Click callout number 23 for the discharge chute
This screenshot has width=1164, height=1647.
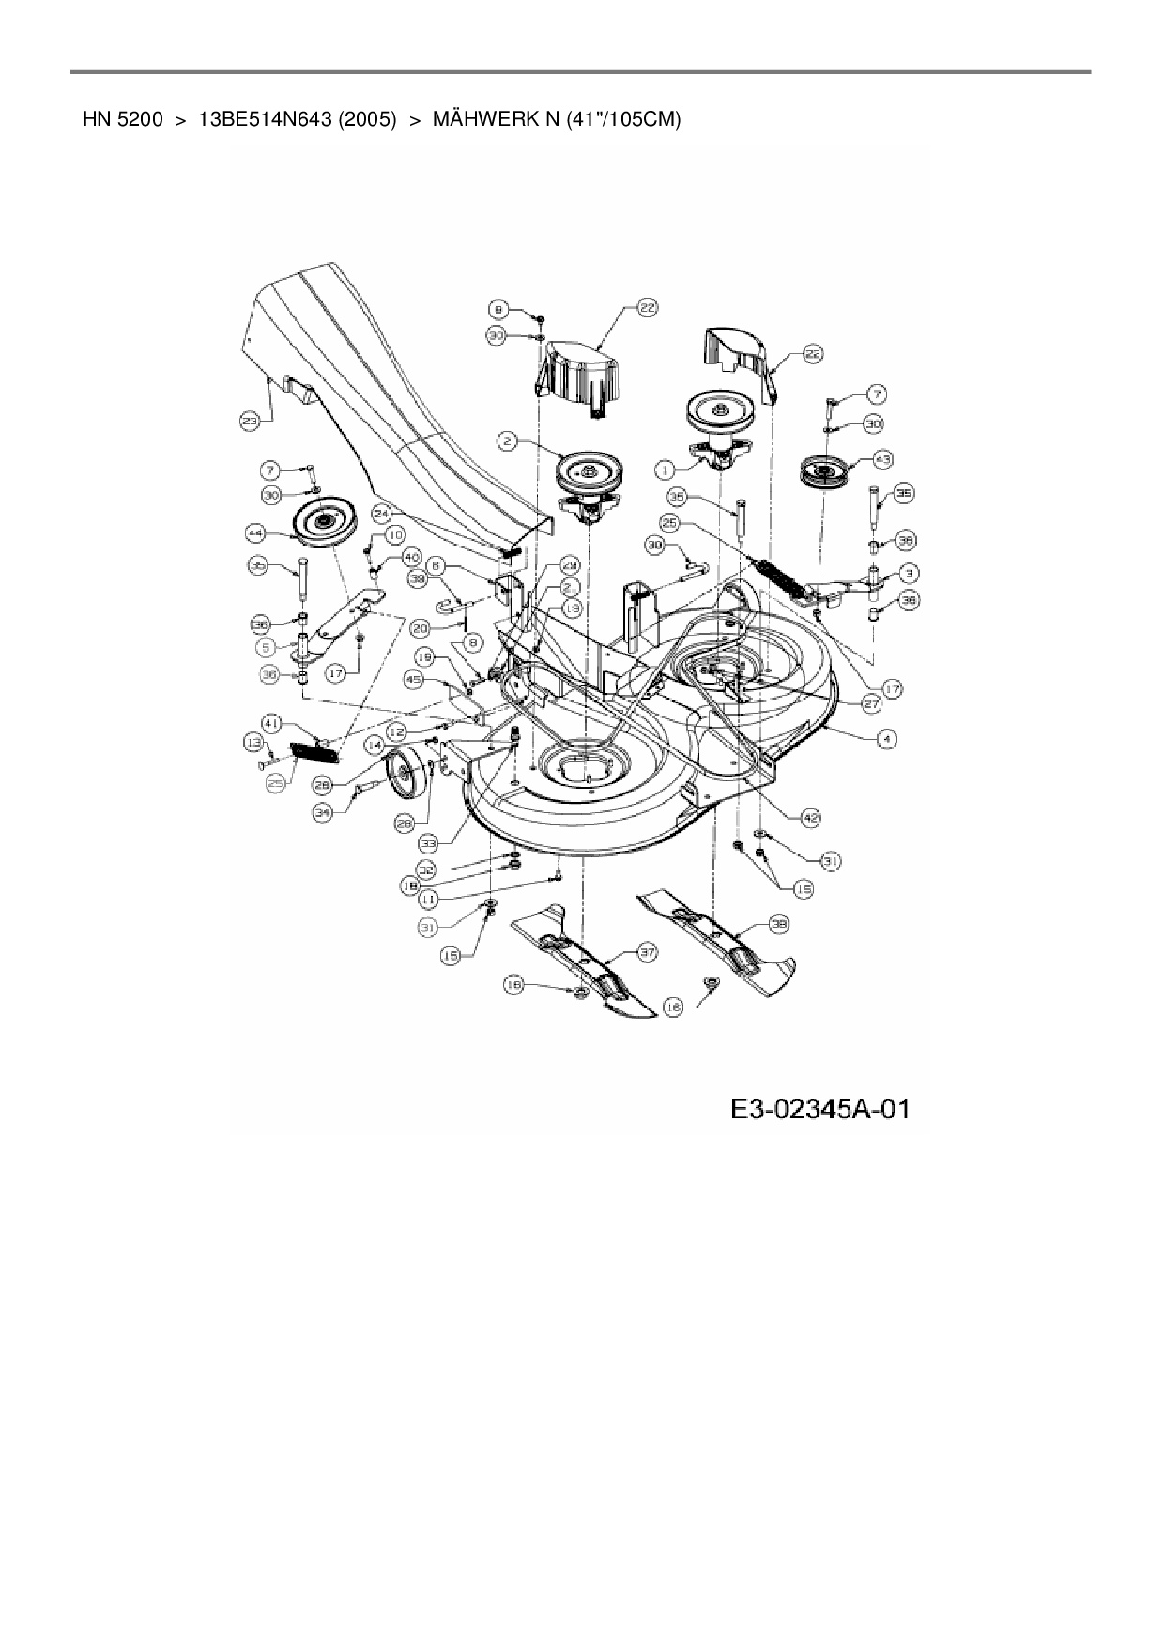tap(249, 423)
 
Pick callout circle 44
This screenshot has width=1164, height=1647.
tap(255, 533)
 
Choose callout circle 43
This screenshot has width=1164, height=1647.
tap(882, 459)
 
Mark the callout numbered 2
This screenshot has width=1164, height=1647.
tap(507, 439)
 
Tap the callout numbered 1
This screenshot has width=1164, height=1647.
tap(666, 467)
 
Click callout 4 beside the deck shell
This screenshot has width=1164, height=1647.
tap(885, 739)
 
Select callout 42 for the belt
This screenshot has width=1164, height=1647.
tap(810, 818)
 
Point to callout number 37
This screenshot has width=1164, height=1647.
tap(647, 953)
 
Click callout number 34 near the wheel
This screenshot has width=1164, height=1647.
tap(323, 813)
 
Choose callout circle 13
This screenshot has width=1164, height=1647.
tap(253, 742)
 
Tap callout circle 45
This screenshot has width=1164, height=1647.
tap(413, 678)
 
